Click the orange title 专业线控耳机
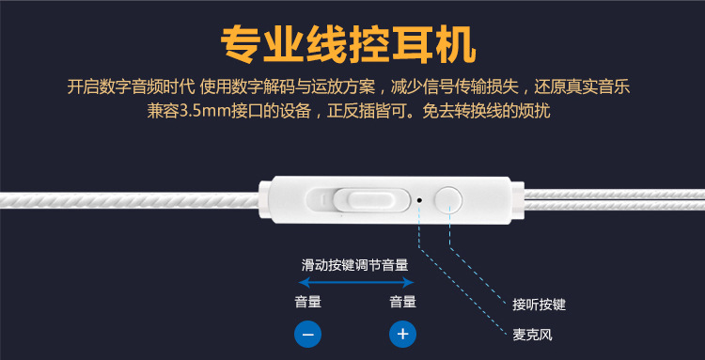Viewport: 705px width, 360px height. click(348, 45)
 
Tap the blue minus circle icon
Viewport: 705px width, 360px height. click(307, 335)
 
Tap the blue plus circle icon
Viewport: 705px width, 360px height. click(402, 335)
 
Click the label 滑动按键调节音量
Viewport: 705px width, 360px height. click(354, 265)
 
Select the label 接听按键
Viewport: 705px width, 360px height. click(540, 305)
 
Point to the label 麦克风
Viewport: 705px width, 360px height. click(532, 335)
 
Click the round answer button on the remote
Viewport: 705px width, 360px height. click(448, 199)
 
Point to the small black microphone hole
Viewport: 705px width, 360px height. click(419, 200)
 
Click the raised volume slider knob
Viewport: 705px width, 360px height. click(371, 199)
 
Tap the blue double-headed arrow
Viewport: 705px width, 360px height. click(355, 282)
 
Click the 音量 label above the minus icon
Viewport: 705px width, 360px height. click(308, 302)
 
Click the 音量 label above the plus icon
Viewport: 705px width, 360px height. click(403, 302)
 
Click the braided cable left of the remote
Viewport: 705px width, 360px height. click(130, 200)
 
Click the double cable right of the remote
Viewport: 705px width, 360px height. click(614, 200)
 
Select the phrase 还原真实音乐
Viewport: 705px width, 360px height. click(582, 86)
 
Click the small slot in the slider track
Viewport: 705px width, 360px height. click(321, 196)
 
